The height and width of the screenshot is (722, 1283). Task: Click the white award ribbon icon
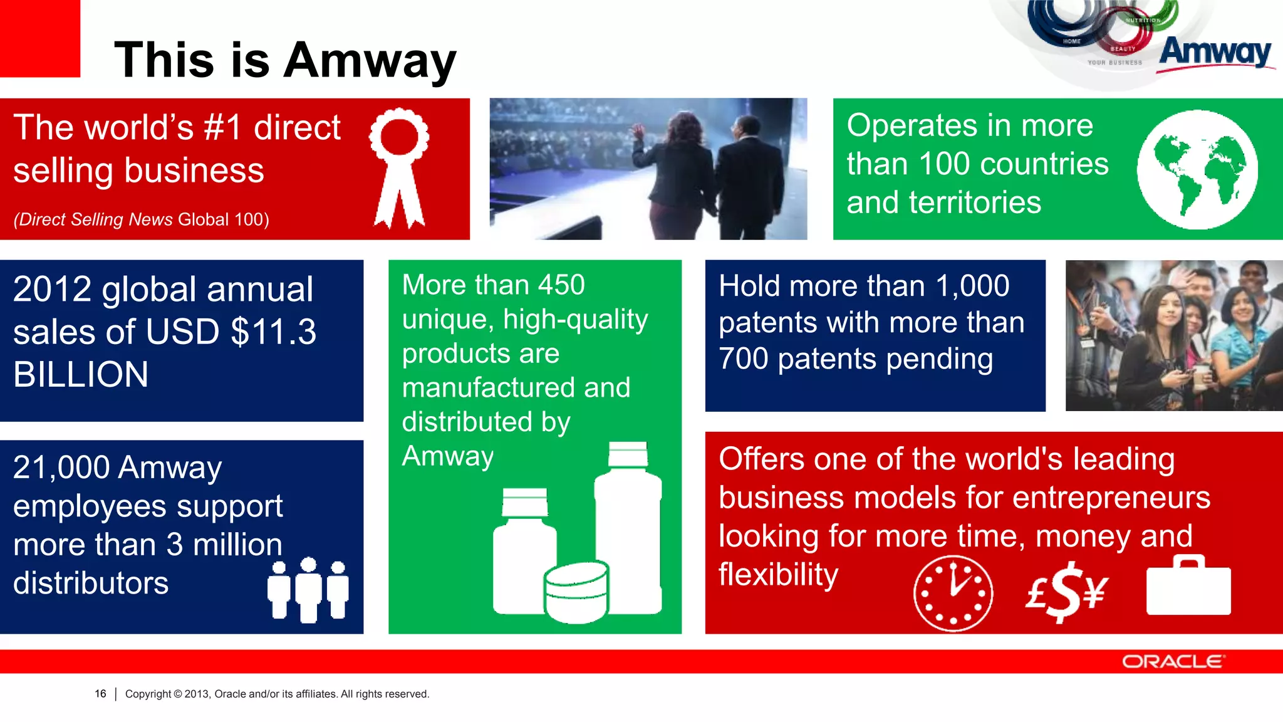399,166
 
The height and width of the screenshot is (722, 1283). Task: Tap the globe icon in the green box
1197,169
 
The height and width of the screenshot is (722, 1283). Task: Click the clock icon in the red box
953,592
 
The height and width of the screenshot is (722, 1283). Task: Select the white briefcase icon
1188,587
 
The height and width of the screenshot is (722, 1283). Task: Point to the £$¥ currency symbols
1067,591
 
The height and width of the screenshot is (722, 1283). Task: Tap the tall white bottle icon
628,530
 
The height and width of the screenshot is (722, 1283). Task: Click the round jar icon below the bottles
576,592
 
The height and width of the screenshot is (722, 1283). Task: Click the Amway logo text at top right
1215,52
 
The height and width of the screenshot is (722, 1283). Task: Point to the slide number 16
100,694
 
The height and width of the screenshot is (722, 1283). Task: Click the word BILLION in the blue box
81,374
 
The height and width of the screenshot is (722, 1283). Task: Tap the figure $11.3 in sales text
274,332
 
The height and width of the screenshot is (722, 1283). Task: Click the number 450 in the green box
561,285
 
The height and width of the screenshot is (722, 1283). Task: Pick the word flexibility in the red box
778,574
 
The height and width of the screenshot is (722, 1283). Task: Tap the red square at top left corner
39,38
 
